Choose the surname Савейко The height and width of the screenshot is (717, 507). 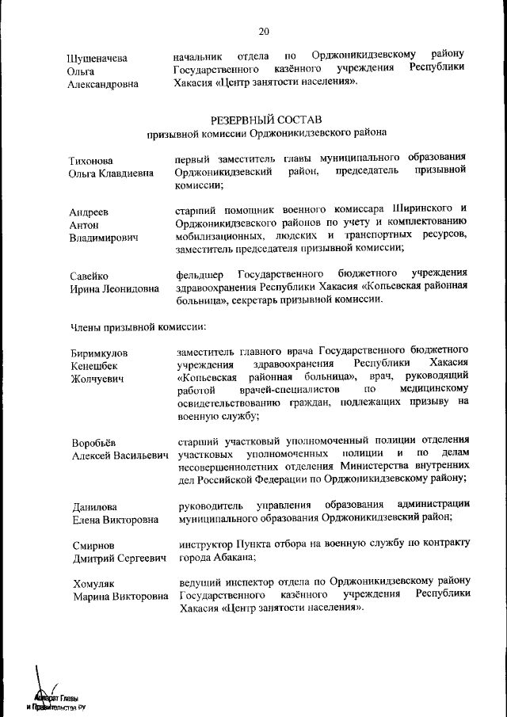coord(90,276)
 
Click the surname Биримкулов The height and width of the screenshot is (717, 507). coord(101,353)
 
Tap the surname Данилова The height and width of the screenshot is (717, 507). coord(95,508)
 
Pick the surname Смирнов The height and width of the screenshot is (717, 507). coord(93,547)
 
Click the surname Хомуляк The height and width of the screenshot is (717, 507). coord(94,583)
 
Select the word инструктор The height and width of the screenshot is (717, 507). coord(204,543)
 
